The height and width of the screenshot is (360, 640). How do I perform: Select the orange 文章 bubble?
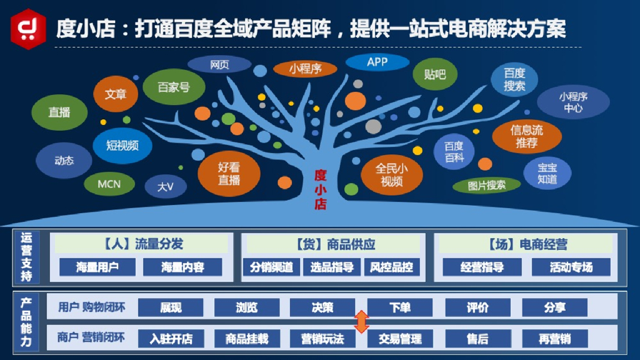(x=116, y=94)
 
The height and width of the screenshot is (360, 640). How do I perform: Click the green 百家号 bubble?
(x=174, y=87)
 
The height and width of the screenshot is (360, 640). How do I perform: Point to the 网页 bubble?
(x=219, y=64)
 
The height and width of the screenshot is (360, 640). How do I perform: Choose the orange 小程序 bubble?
(x=306, y=69)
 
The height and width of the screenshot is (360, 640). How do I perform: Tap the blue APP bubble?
(x=377, y=62)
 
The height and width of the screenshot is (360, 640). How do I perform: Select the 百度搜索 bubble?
(x=514, y=80)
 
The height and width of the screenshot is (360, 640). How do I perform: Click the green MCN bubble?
(x=109, y=184)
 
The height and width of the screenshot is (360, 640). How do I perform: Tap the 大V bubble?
(x=166, y=186)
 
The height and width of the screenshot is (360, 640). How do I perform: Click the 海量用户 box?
(x=97, y=267)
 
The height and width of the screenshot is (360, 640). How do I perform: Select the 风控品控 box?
(x=391, y=267)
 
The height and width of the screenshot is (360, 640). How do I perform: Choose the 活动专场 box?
(x=571, y=267)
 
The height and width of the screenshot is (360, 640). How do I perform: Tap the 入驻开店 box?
(x=171, y=339)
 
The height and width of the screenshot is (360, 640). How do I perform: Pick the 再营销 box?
(x=554, y=339)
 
